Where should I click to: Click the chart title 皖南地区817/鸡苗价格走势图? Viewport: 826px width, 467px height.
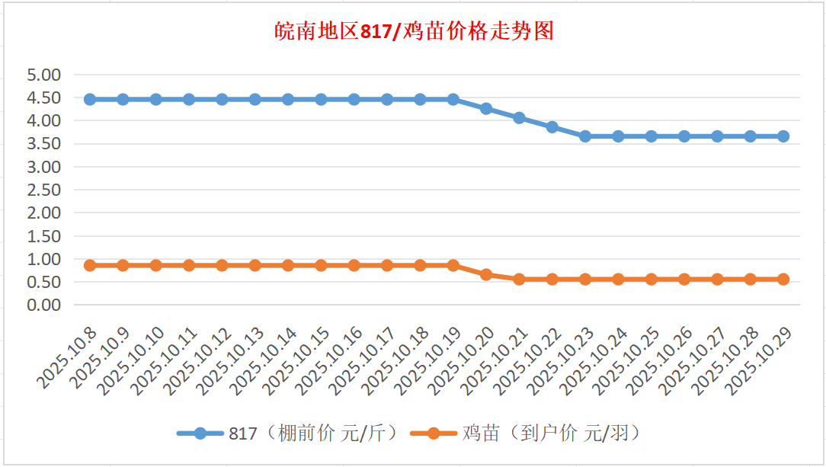[x=414, y=32]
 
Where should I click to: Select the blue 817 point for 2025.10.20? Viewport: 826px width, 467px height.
[x=486, y=108]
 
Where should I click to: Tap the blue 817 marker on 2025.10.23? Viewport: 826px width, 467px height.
[x=585, y=136]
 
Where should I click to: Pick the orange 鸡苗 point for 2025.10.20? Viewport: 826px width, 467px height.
[x=486, y=274]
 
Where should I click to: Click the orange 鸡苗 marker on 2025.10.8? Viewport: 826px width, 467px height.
[x=90, y=265]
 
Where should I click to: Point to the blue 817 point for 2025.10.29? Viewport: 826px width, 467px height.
[x=783, y=136]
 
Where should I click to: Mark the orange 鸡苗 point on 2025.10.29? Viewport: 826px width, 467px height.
[x=783, y=279]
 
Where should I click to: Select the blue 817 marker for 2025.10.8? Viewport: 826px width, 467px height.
[x=90, y=99]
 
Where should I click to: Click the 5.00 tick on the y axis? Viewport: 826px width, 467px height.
[x=43, y=75]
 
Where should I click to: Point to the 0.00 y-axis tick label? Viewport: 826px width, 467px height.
[x=43, y=305]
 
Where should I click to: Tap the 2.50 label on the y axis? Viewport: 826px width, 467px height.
[x=43, y=190]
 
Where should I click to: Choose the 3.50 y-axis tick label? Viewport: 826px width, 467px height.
[x=43, y=144]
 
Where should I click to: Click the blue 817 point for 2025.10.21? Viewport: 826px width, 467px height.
[x=519, y=117]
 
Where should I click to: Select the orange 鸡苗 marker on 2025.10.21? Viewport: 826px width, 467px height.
[x=519, y=279]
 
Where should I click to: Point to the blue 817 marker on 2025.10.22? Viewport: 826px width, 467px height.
[x=552, y=126]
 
